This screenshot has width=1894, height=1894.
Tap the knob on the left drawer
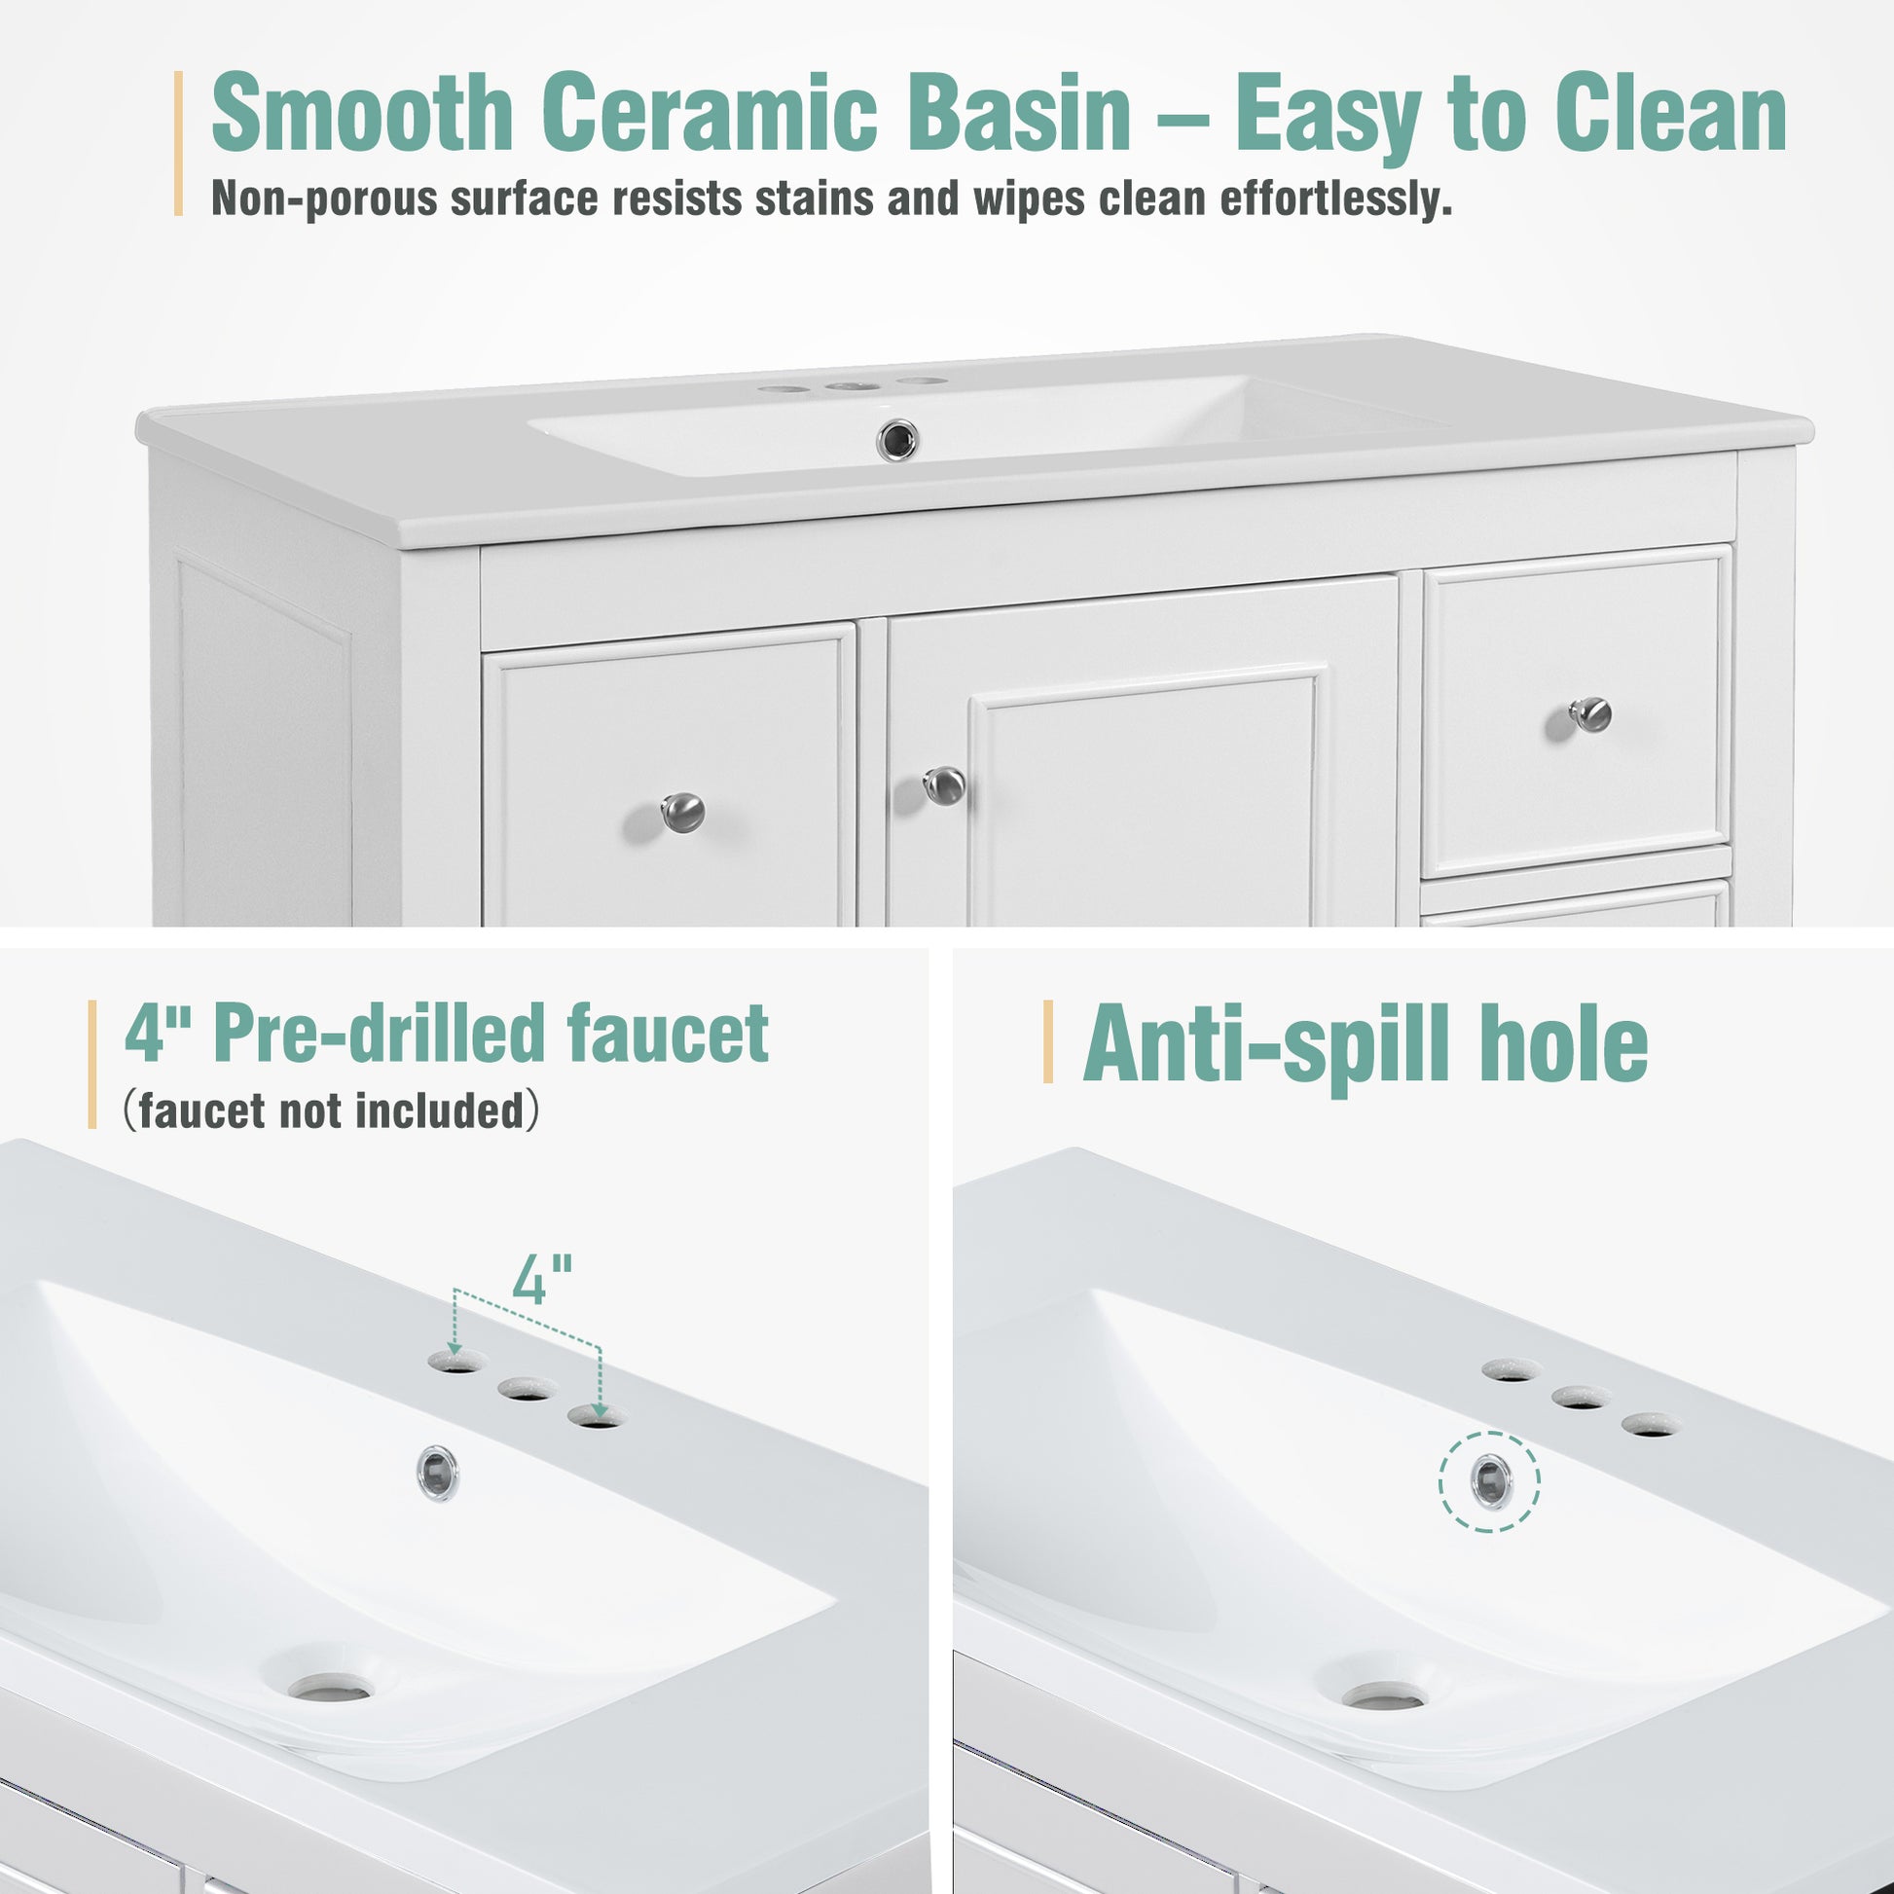(682, 812)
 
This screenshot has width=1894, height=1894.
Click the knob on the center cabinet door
(945, 785)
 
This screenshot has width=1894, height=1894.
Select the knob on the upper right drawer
(1590, 713)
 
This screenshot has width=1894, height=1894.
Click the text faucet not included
(332, 1111)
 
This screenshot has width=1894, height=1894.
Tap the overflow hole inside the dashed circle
(1490, 1481)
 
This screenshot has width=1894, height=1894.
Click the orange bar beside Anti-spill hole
(1048, 1041)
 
